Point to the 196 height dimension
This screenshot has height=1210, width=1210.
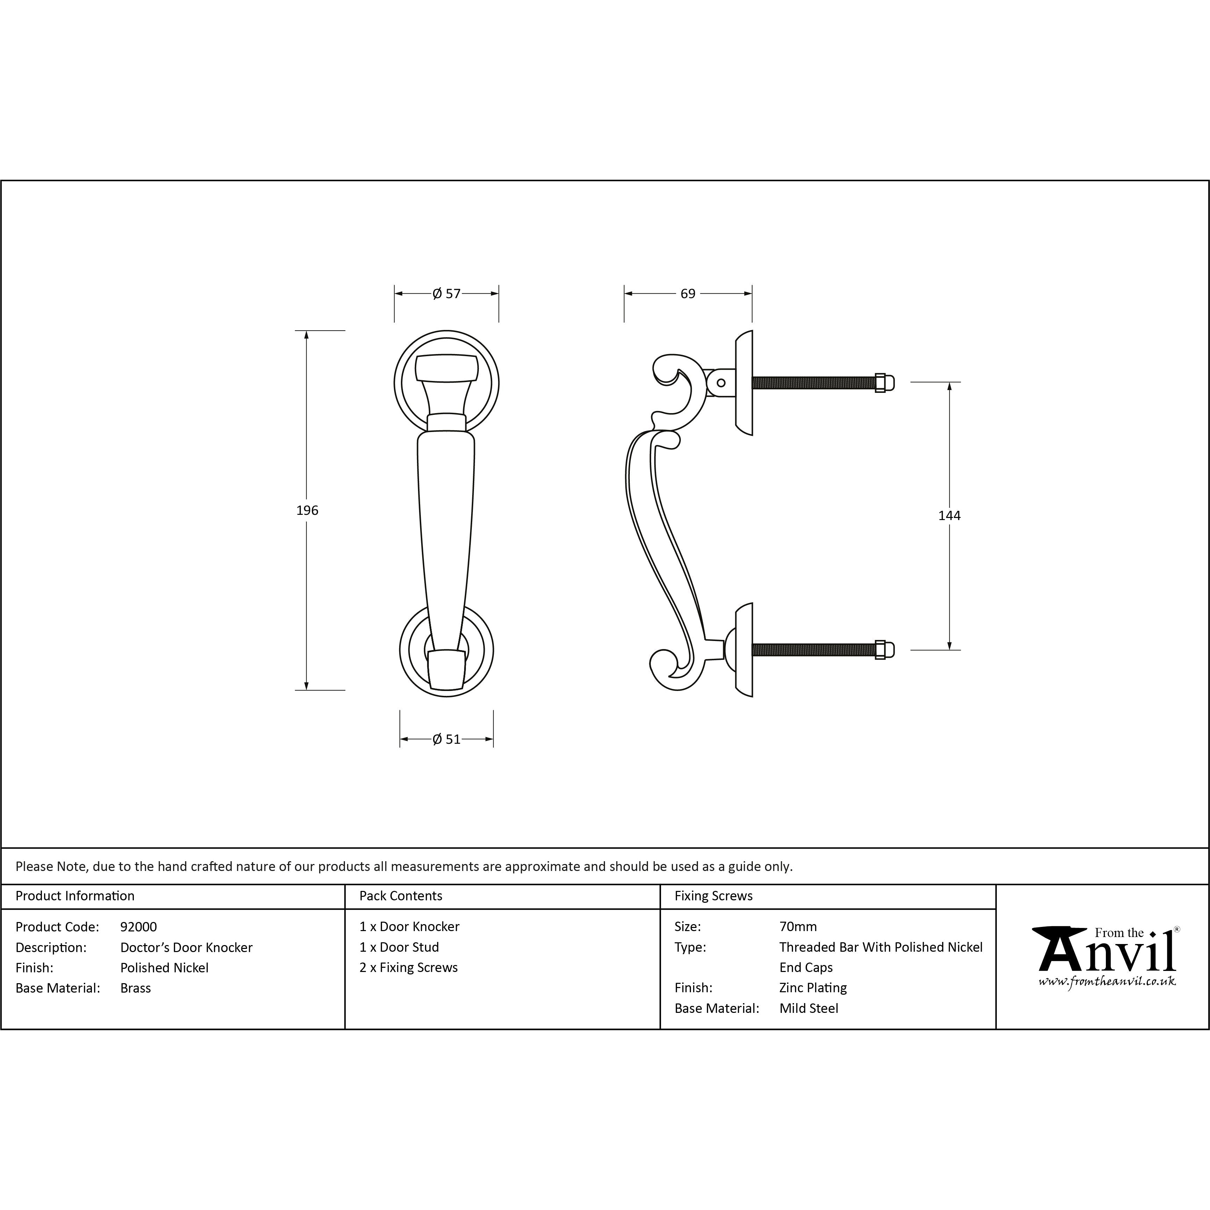307,510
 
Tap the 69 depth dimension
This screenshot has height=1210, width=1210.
688,293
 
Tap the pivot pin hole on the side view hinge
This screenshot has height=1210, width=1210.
721,383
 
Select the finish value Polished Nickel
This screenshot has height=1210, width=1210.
164,968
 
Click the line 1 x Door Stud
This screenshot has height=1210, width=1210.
399,947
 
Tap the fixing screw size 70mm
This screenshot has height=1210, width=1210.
798,926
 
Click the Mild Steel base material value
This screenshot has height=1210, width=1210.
808,1008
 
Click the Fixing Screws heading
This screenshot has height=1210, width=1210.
713,895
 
